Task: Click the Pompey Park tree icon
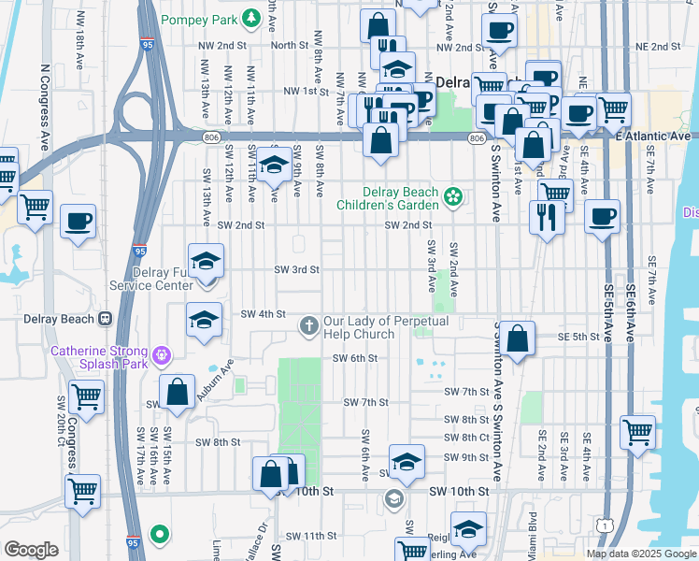[250, 19]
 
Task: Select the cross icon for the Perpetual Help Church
[309, 326]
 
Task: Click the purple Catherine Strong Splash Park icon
[163, 354]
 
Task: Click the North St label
[290, 45]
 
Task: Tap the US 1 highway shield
[607, 528]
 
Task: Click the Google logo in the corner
[31, 550]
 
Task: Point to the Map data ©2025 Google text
[641, 554]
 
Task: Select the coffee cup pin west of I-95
[78, 222]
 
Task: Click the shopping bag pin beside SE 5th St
[517, 338]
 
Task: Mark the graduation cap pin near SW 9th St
[407, 461]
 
